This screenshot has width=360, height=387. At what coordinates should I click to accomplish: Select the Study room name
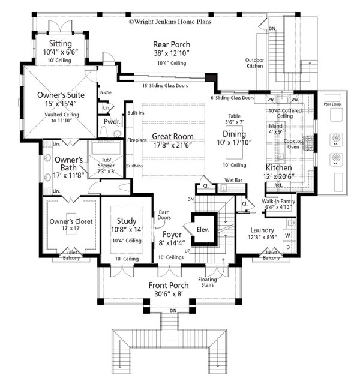click(x=126, y=221)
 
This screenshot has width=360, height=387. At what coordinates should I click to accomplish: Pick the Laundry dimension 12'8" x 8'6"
click(x=262, y=237)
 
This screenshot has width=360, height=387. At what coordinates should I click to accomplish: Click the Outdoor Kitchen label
click(x=254, y=64)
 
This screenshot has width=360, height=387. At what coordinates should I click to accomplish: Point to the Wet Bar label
click(x=234, y=179)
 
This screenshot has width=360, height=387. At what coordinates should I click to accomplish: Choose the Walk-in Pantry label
click(x=278, y=202)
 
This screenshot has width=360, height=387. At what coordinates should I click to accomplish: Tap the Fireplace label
click(x=137, y=140)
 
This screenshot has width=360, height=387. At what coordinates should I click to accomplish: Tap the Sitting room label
click(x=61, y=44)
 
